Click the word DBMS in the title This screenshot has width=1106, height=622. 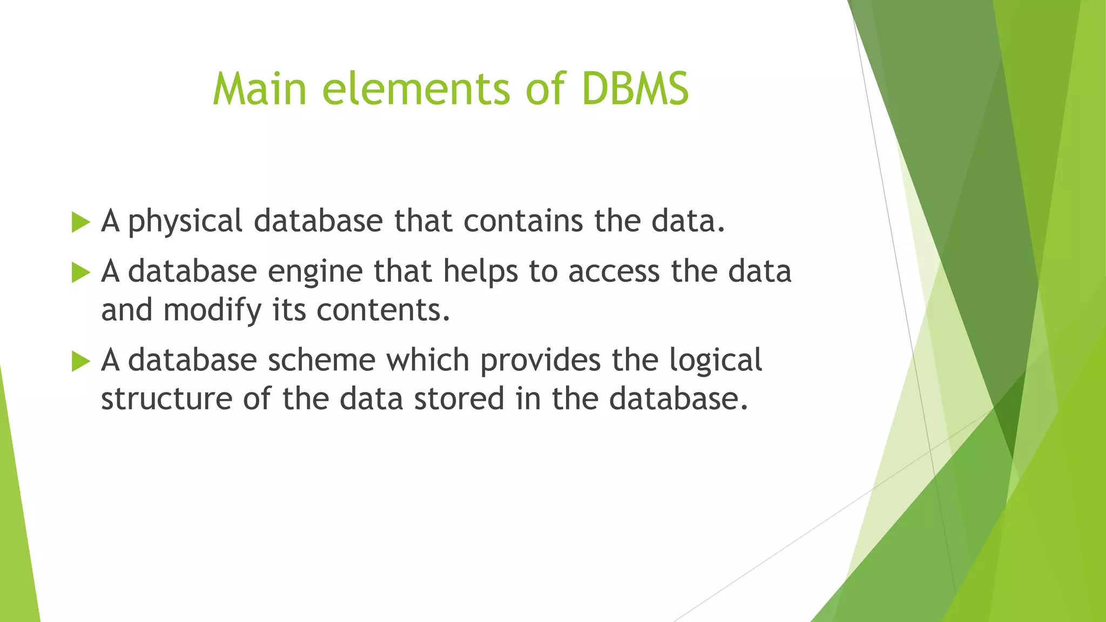pyautogui.click(x=635, y=89)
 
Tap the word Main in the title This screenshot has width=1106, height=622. pyautogui.click(x=260, y=89)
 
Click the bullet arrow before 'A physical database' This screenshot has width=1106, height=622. pyautogui.click(x=80, y=222)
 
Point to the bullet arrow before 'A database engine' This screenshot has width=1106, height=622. pyautogui.click(x=80, y=273)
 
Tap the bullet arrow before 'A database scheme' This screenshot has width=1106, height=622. pyautogui.click(x=80, y=361)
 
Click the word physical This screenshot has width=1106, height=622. pyautogui.click(x=185, y=222)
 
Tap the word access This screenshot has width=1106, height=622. pyautogui.click(x=614, y=272)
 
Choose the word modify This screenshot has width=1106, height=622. pyautogui.click(x=212, y=312)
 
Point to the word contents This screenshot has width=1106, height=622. pyautogui.click(x=383, y=310)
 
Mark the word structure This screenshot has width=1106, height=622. pyautogui.click(x=166, y=400)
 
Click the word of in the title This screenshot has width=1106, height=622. pyautogui.click(x=545, y=89)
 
